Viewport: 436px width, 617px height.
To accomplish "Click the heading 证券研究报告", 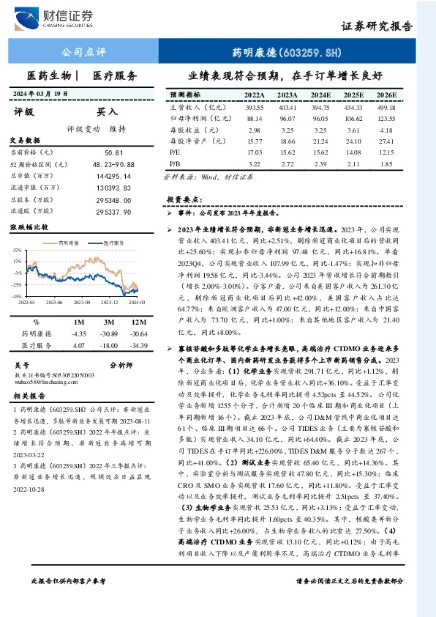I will click(x=377, y=26).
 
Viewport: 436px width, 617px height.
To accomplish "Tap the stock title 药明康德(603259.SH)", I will click(x=287, y=53).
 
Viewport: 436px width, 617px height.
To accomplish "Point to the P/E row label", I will click(x=175, y=152).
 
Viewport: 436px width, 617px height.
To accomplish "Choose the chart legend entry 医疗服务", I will click(x=112, y=243).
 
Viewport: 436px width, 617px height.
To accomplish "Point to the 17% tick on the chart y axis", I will click(x=17, y=260).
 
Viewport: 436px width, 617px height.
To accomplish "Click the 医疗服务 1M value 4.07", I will click(x=79, y=344).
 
